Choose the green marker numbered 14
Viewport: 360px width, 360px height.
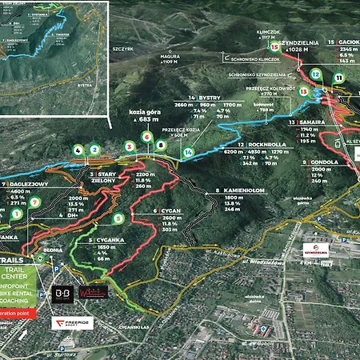coord(187,152)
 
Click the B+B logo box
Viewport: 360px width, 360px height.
coord(63,293)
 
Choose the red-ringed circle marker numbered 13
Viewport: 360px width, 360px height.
coord(302,91)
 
